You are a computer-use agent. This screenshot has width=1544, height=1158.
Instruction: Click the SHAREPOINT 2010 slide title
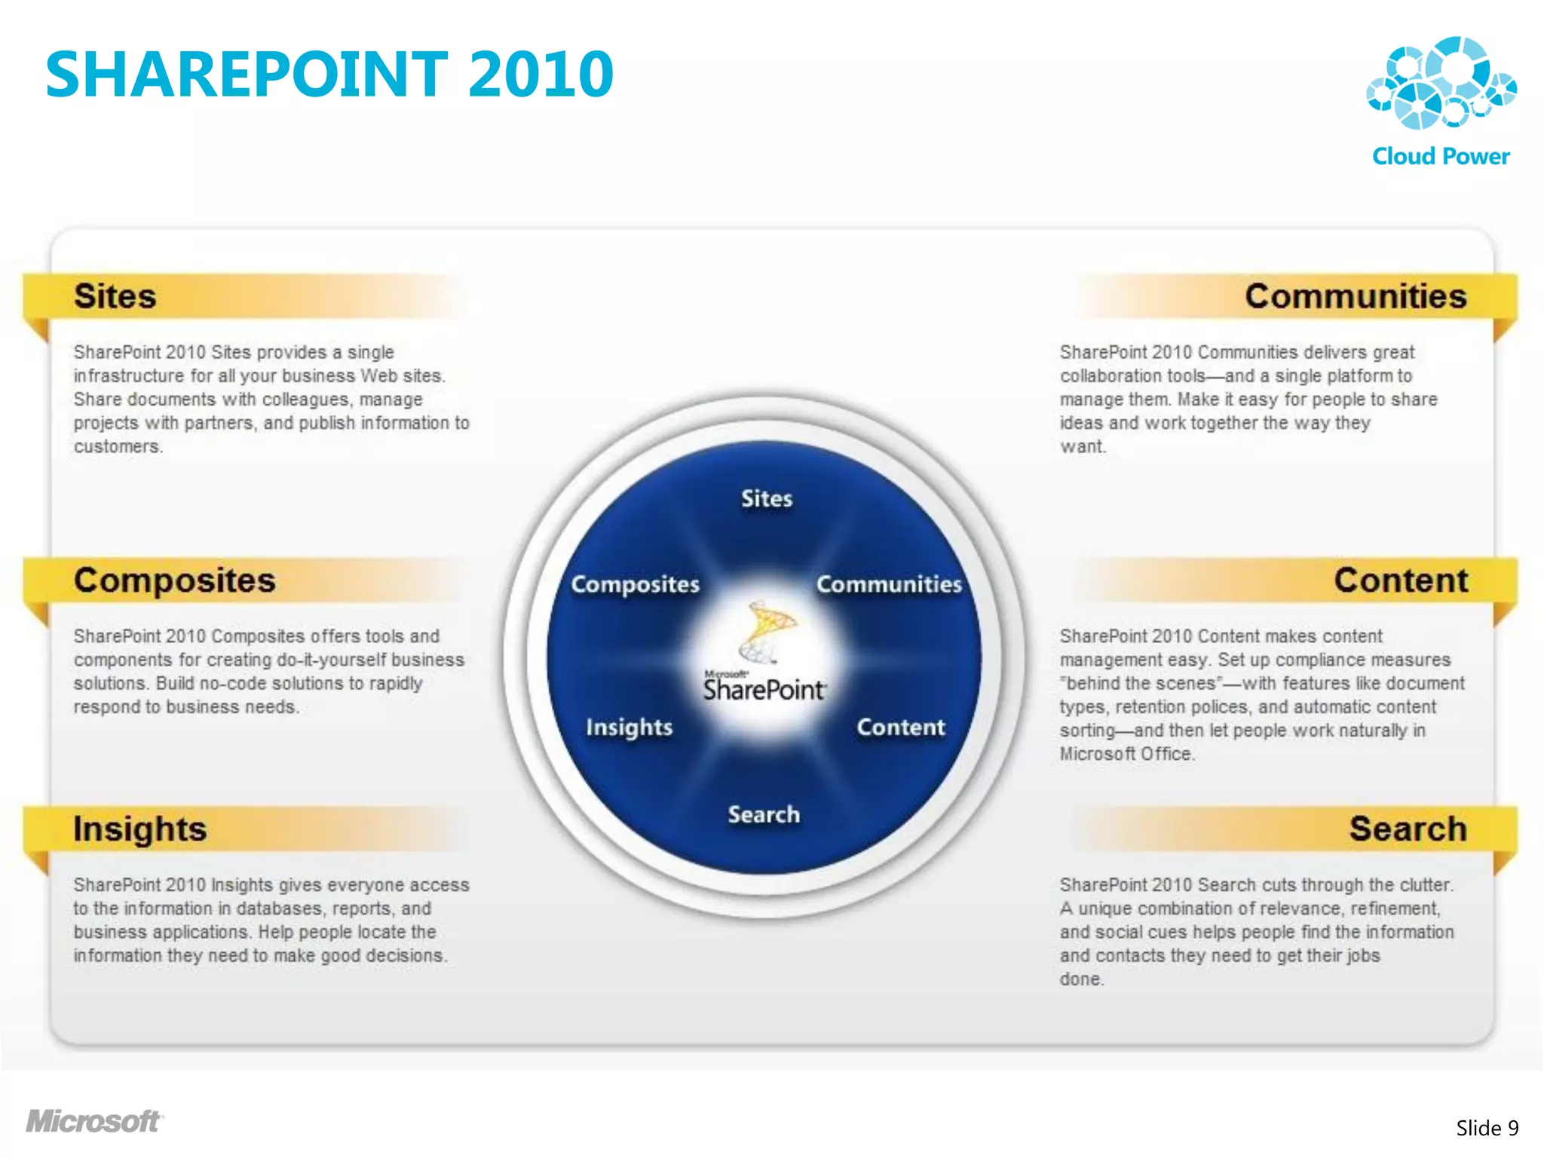point(329,74)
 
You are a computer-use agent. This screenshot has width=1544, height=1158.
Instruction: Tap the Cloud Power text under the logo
point(1441,156)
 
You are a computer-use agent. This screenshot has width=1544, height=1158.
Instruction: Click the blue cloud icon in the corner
point(1441,83)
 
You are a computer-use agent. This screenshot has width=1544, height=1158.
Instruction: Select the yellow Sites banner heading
point(115,296)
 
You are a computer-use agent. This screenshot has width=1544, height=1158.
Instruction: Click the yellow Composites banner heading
point(175,581)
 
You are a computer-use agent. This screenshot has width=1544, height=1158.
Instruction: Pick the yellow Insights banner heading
point(140,829)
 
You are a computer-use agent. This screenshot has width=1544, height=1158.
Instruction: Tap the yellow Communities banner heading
point(1356,296)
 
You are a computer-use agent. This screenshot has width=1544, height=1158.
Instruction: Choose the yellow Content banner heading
point(1401,581)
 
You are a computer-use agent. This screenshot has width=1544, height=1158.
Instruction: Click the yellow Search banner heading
point(1408,829)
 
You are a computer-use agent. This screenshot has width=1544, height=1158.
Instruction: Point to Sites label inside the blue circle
point(767,498)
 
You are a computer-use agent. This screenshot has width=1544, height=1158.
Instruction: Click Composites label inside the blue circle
point(636,584)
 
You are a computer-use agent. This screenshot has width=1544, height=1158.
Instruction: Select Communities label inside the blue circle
point(889,584)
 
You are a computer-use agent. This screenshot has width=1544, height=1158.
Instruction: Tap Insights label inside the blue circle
point(630,728)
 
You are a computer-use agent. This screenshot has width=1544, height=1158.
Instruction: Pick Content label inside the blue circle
point(901,728)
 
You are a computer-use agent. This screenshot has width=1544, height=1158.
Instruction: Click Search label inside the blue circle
point(764,814)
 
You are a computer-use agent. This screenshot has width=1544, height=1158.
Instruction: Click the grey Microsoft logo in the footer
point(94,1122)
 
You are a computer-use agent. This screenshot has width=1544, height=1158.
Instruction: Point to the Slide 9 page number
point(1487,1128)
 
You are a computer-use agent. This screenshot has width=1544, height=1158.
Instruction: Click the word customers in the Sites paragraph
point(118,446)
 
